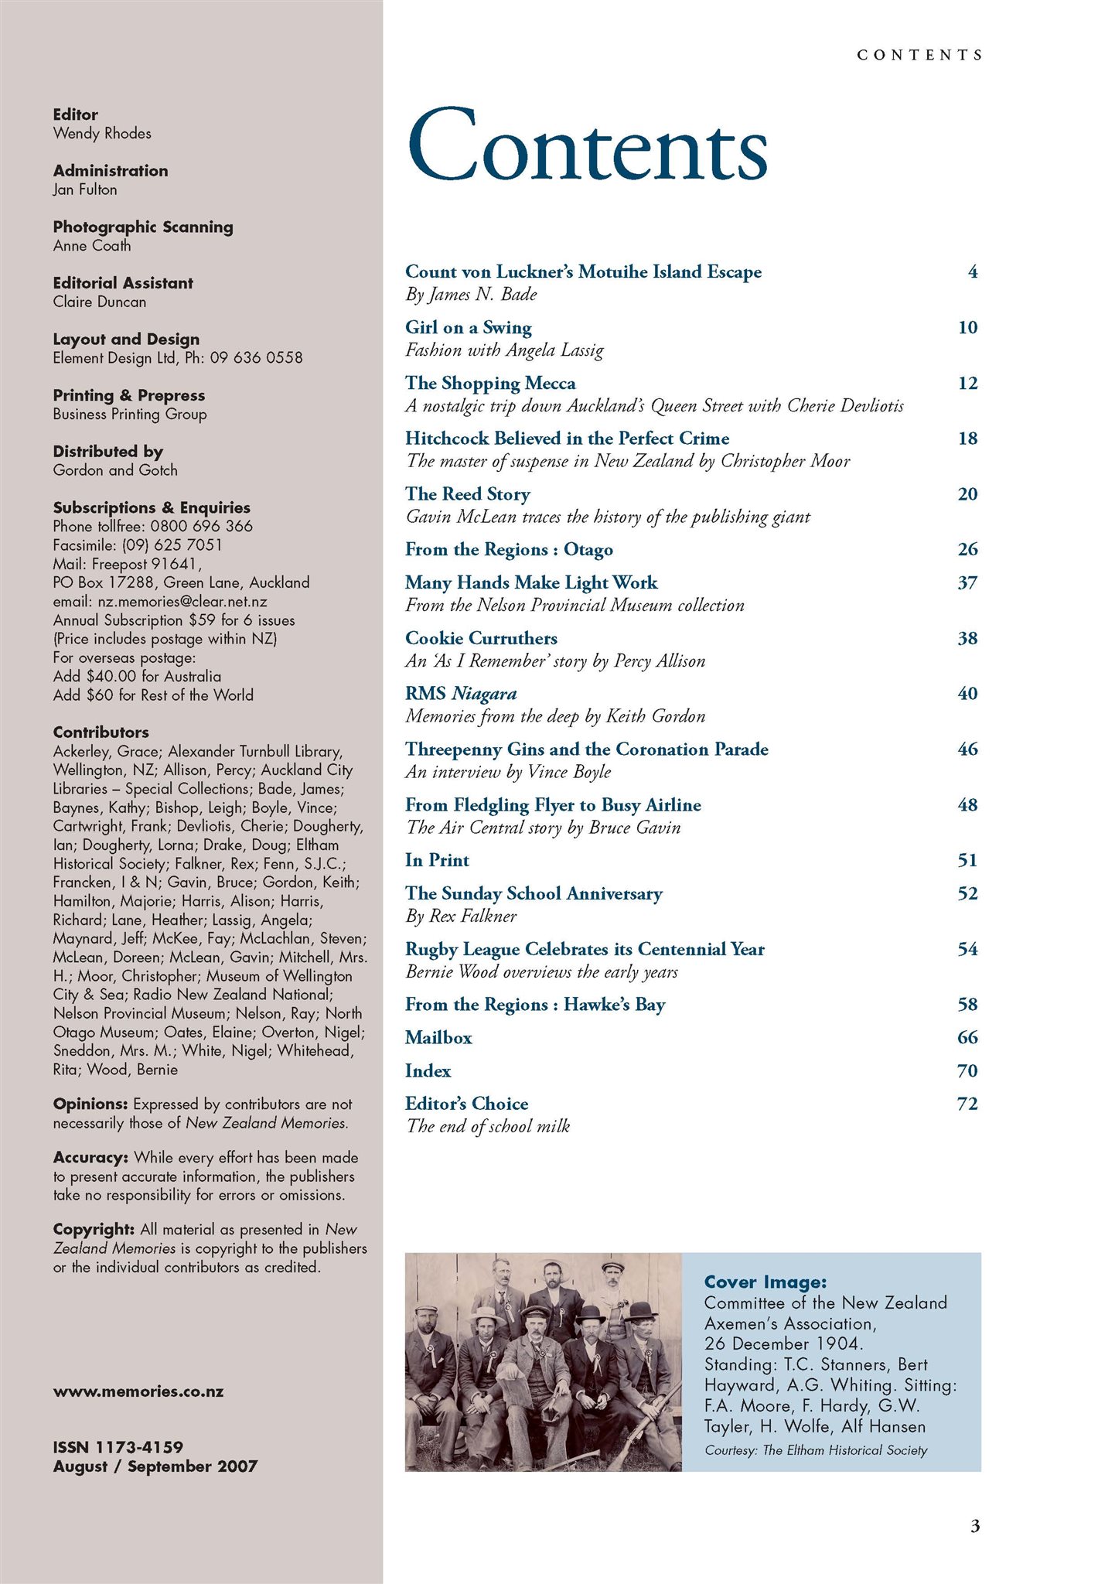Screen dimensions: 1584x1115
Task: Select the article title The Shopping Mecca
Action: (490, 384)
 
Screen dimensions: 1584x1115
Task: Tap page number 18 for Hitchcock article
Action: (967, 439)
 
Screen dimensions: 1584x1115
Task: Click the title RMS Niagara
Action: (461, 694)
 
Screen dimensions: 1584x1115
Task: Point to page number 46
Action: (967, 749)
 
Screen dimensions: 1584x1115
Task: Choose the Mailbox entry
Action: (438, 1038)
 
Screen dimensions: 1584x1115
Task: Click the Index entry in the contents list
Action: (428, 1071)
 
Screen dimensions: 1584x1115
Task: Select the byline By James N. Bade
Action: (471, 295)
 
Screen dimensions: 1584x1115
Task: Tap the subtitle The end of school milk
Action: (488, 1127)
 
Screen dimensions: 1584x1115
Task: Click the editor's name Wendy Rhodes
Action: (102, 134)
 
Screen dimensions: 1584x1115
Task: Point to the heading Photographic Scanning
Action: (143, 227)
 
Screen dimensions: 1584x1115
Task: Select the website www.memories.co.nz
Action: (138, 1391)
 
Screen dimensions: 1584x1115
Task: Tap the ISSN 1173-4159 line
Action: (118, 1447)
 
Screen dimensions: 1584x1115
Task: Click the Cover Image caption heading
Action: (765, 1282)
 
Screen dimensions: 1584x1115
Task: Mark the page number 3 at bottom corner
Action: (974, 1526)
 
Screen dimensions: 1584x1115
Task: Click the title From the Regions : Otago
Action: (509, 550)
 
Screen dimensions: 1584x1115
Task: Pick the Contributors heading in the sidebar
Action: (101, 732)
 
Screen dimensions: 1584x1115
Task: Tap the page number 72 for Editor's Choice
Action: (967, 1104)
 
